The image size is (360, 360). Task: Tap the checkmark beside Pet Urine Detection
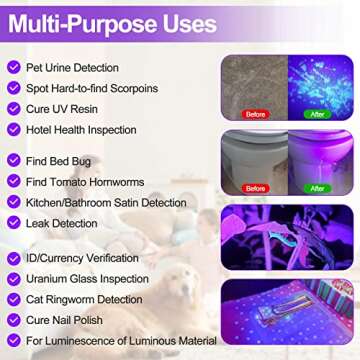tap(14, 67)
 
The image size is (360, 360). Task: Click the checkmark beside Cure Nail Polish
tap(14, 319)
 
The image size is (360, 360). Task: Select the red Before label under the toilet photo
tap(256, 188)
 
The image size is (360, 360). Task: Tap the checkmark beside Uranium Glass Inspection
tap(14, 279)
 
